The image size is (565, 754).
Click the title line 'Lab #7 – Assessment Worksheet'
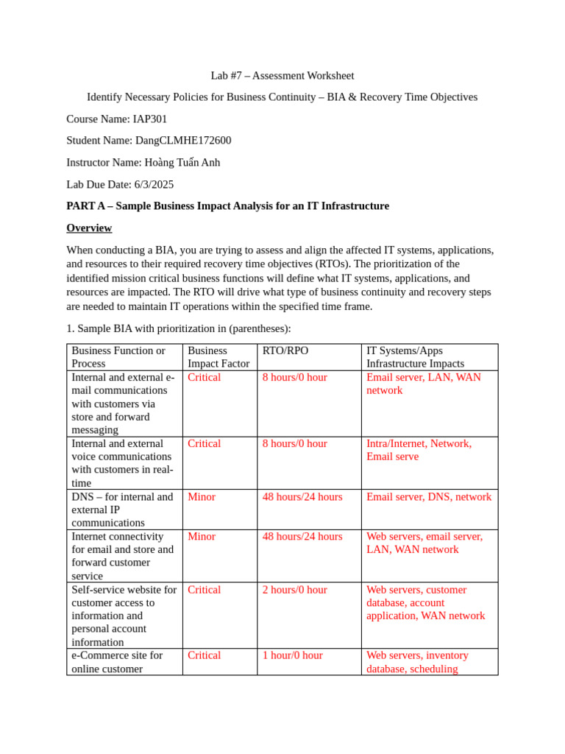pyautogui.click(x=282, y=75)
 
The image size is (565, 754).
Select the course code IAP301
pyautogui.click(x=150, y=119)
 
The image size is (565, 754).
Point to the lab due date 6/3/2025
pyautogui.click(x=154, y=184)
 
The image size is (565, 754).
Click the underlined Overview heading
pyautogui.click(x=89, y=228)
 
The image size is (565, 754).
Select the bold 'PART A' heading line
pyautogui.click(x=227, y=205)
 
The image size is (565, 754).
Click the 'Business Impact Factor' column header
pyautogui.click(x=218, y=357)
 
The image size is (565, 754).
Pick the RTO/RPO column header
pyautogui.click(x=285, y=350)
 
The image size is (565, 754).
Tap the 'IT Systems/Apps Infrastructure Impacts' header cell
pyautogui.click(x=415, y=357)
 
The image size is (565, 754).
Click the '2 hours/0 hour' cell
pyautogui.click(x=295, y=590)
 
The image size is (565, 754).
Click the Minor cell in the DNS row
pyautogui.click(x=202, y=497)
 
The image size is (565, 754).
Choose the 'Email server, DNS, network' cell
pyautogui.click(x=429, y=497)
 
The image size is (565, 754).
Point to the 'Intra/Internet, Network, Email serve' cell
pyautogui.click(x=419, y=450)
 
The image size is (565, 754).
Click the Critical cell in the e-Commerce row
pyautogui.click(x=204, y=655)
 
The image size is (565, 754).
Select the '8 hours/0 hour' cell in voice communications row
pyautogui.click(x=295, y=443)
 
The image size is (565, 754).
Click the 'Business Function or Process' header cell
pyautogui.click(x=118, y=357)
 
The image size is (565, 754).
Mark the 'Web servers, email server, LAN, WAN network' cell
pyautogui.click(x=424, y=543)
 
